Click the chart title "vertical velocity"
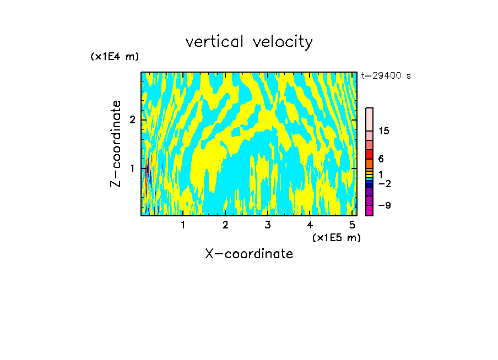(249, 42)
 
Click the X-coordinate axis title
(249, 254)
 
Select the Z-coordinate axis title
(116, 144)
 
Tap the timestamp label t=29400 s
(386, 76)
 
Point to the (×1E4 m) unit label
(115, 57)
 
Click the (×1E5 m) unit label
(336, 237)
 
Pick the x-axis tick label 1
(183, 225)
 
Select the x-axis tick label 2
(225, 225)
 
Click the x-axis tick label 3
(268, 225)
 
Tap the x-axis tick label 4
(310, 225)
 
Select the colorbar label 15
(384, 131)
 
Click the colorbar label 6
(381, 159)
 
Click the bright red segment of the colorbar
(370, 154)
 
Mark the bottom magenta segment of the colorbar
(370, 210)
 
